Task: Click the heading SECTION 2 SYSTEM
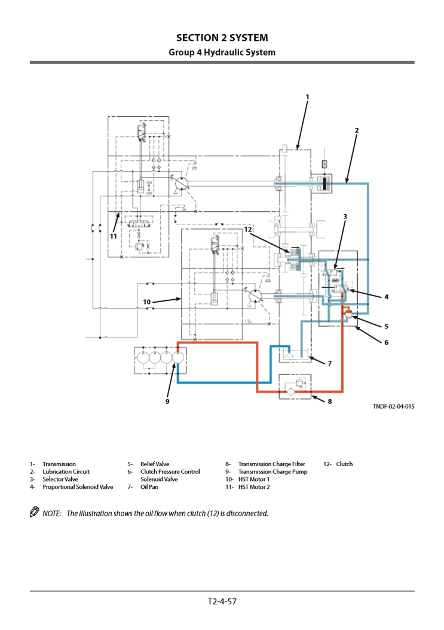click(222, 38)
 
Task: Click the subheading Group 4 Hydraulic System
click(222, 53)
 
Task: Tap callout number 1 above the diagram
click(307, 96)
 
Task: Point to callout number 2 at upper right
click(357, 130)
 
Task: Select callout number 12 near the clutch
click(247, 229)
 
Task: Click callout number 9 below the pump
click(167, 401)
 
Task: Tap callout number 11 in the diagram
click(112, 236)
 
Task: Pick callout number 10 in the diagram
click(146, 302)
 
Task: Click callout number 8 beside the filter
click(329, 401)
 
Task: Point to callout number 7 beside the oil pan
click(329, 363)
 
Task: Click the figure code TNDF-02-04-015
click(393, 407)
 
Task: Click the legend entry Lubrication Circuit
click(66, 471)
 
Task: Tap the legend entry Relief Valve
click(155, 464)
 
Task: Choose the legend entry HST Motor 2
click(253, 487)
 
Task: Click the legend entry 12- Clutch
click(338, 464)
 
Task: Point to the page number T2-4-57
click(222, 601)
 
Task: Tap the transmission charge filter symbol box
click(295, 386)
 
